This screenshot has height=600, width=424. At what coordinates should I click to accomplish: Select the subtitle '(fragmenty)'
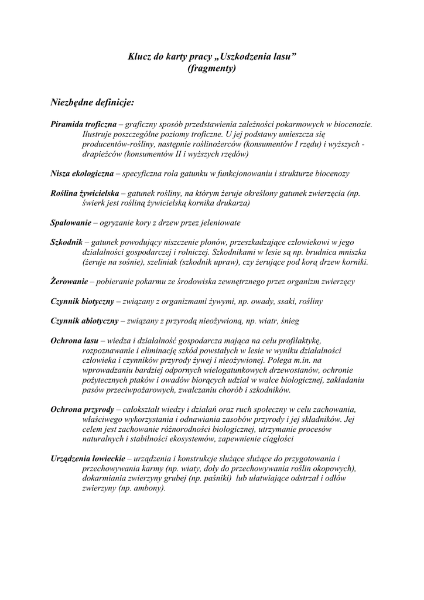[x=212, y=68]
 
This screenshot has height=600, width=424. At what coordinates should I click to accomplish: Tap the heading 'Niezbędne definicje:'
[x=93, y=103]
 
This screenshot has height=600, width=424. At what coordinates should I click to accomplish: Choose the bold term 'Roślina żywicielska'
[x=85, y=193]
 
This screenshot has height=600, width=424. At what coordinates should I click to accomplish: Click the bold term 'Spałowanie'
[x=71, y=223]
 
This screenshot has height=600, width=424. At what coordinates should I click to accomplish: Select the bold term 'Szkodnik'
[x=66, y=242]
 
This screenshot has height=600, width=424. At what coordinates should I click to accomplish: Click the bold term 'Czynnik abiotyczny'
[x=85, y=321]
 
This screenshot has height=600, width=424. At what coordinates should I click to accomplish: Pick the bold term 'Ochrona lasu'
[x=74, y=340]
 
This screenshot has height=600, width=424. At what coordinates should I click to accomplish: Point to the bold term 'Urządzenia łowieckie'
[x=88, y=458]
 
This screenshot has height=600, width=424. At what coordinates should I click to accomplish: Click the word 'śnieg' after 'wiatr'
[x=311, y=321]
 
